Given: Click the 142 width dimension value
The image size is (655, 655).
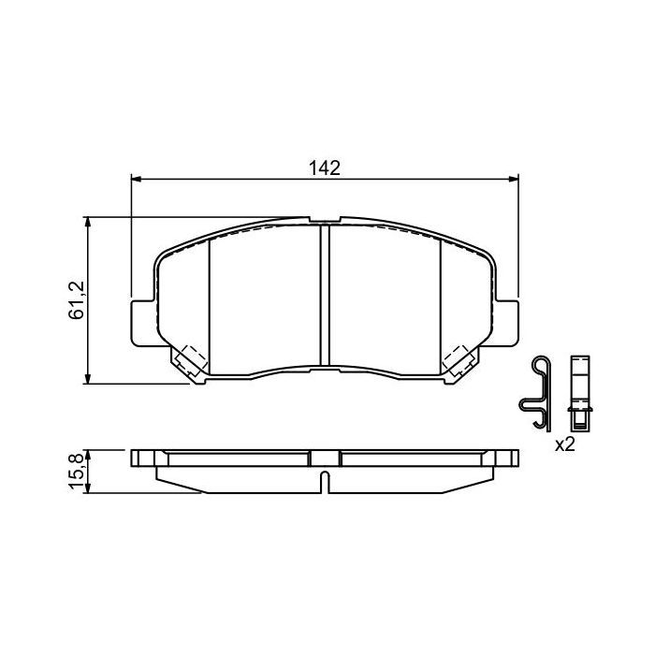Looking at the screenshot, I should click(324, 167).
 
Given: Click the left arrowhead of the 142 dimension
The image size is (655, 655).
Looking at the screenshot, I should click(134, 178).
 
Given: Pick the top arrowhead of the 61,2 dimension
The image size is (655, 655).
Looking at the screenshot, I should click(88, 222).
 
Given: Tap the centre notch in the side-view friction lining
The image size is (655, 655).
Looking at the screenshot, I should click(325, 482).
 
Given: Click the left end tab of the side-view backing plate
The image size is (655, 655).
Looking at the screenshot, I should click(141, 458).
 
